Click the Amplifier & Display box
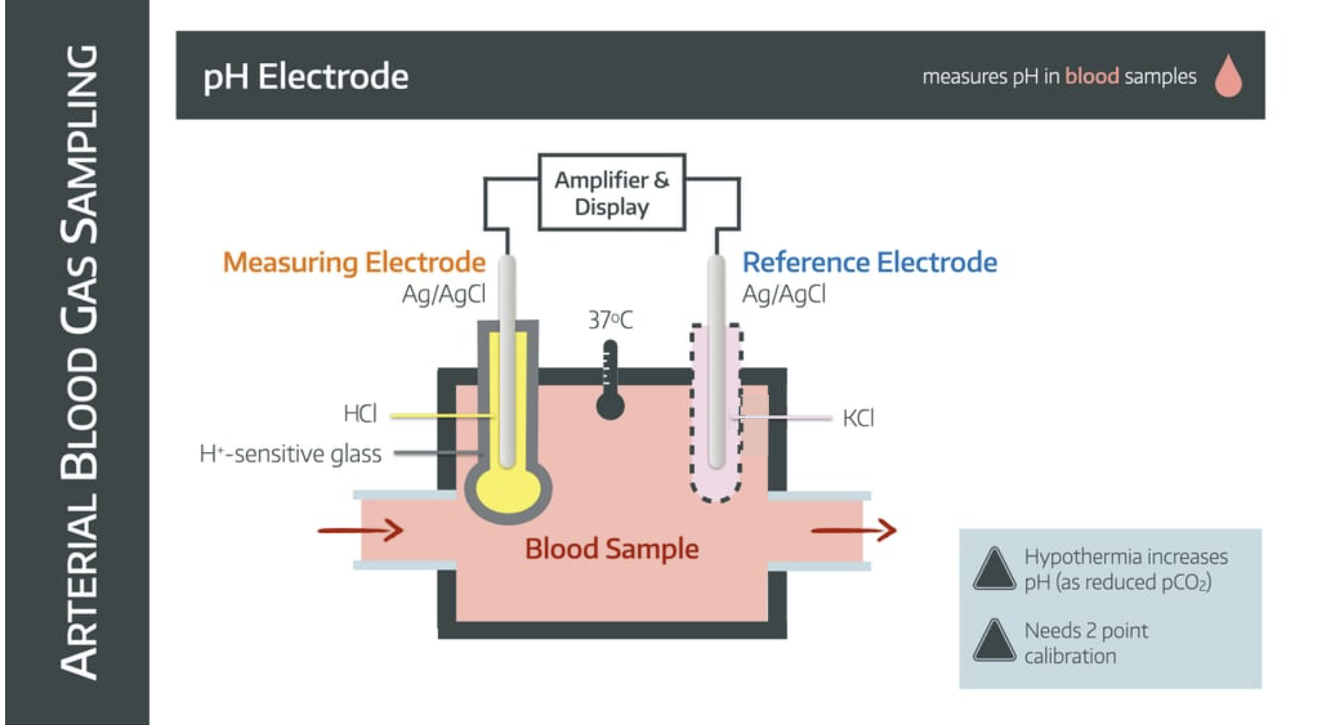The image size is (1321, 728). click(x=611, y=193)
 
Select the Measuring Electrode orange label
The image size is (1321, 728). click(x=353, y=262)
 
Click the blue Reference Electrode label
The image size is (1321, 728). click(x=869, y=262)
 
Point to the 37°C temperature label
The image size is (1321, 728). click(x=610, y=320)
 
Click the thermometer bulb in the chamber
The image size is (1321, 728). click(x=610, y=407)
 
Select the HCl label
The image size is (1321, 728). click(x=359, y=413)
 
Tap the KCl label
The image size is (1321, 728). click(x=858, y=418)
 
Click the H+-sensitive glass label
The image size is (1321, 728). click(x=290, y=454)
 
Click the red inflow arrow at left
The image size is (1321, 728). click(x=360, y=530)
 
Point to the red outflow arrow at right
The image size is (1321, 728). click(x=853, y=530)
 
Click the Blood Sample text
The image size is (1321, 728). click(x=611, y=549)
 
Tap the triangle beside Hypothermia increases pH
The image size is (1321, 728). click(x=993, y=570)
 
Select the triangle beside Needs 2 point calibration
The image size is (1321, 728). click(x=993, y=642)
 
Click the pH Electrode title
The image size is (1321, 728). click(x=306, y=76)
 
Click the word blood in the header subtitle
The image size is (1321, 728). click(x=1091, y=76)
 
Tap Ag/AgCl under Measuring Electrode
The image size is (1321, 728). click(x=443, y=294)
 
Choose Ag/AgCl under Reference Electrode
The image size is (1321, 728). click(x=783, y=294)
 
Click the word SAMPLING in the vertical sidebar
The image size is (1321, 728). click(x=79, y=143)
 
